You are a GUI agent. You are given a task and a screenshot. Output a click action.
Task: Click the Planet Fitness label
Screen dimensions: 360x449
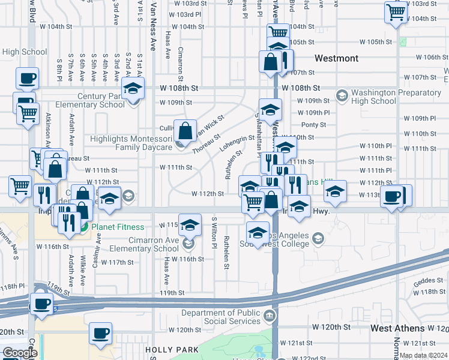tap(117, 227)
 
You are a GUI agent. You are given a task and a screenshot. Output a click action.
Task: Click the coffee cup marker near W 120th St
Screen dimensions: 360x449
tap(100, 333)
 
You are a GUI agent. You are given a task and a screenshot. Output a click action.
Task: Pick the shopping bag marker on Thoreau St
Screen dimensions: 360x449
tap(186, 130)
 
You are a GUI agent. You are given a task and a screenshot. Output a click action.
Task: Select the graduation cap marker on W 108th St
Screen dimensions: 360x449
tap(133, 89)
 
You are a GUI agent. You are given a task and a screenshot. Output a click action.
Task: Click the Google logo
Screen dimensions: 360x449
tap(19, 353)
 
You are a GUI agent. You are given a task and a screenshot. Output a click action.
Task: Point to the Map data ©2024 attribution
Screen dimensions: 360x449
tap(423, 355)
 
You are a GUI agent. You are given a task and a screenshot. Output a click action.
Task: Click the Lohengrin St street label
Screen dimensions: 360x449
tap(237, 143)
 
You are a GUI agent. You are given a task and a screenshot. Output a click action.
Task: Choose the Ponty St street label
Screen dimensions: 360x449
tap(313, 125)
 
